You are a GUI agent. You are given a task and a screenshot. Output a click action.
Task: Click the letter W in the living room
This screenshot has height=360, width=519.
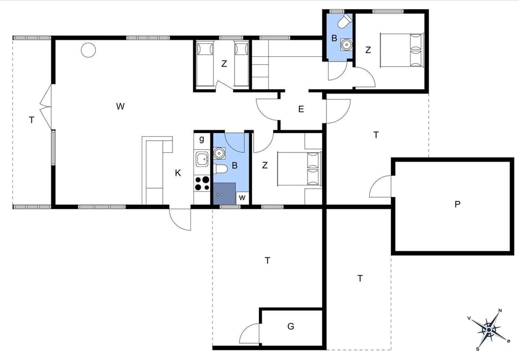(120, 106)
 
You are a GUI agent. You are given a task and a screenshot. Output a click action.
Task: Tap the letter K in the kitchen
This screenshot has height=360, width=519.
(177, 173)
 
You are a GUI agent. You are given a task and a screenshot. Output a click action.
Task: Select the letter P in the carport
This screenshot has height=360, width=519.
(457, 204)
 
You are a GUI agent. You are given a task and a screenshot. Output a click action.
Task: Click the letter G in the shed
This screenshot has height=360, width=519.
(291, 326)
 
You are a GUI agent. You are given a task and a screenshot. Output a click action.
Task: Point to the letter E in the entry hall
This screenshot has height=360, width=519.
(301, 109)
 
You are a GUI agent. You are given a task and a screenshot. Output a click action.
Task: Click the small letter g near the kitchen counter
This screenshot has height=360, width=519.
(202, 139)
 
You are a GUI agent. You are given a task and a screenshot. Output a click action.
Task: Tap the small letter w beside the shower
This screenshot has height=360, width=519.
(242, 197)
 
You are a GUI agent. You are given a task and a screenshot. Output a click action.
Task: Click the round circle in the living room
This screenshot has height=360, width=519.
(88, 50)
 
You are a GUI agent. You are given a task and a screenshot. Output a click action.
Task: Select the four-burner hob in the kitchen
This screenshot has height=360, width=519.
(202, 184)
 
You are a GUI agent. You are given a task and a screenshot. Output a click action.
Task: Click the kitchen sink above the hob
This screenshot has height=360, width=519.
(202, 159)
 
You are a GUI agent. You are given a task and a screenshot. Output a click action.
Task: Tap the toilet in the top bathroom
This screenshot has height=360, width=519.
(343, 22)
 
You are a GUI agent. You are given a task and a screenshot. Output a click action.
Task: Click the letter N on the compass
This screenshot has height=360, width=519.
(500, 311)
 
